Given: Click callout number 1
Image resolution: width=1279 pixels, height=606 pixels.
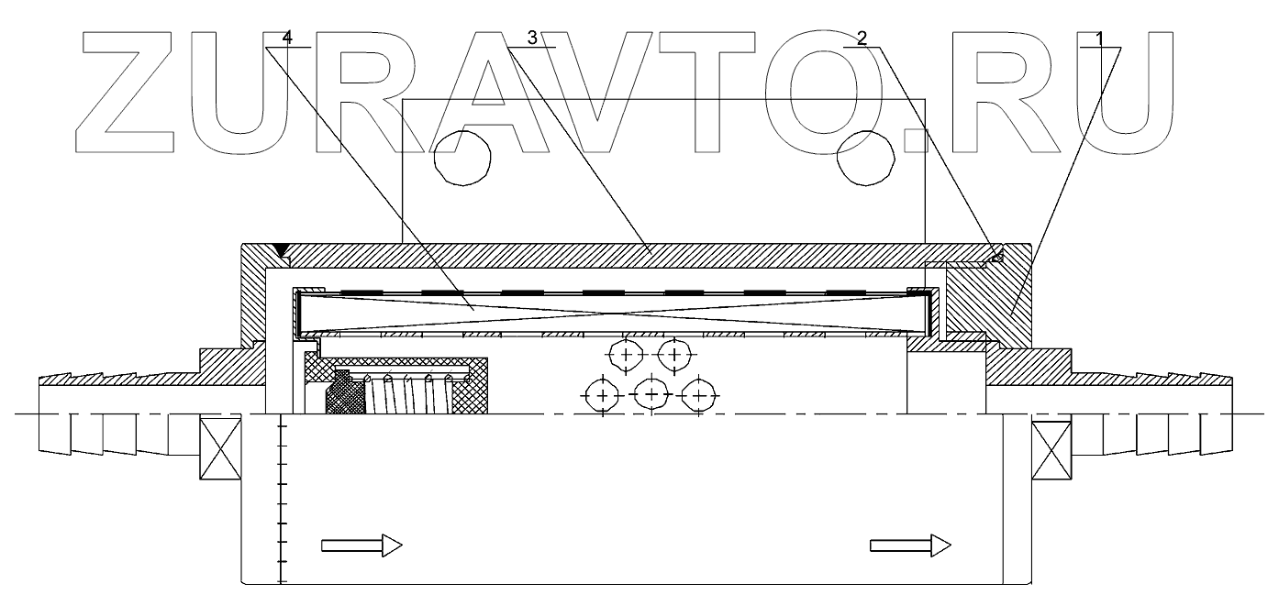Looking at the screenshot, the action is pyautogui.click(x=1101, y=38).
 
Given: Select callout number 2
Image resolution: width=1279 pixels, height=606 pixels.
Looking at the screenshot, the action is pyautogui.click(x=862, y=38).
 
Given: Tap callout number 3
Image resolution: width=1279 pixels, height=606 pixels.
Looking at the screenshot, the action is pyautogui.click(x=532, y=38).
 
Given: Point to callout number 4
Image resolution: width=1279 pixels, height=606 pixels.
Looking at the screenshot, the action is pyautogui.click(x=288, y=38).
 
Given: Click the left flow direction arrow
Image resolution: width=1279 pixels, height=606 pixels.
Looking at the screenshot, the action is pyautogui.click(x=361, y=545).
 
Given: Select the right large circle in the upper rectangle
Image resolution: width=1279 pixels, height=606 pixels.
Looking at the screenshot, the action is pyautogui.click(x=867, y=158).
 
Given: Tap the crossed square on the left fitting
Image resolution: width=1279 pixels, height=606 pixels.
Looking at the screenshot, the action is pyautogui.click(x=220, y=448).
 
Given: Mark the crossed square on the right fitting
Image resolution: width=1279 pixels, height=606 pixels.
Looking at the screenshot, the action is pyautogui.click(x=1051, y=448).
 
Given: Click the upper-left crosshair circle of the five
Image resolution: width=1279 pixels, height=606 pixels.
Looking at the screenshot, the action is pyautogui.click(x=627, y=353).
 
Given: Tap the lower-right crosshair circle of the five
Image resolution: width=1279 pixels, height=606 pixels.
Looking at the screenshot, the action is pyautogui.click(x=699, y=396).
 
